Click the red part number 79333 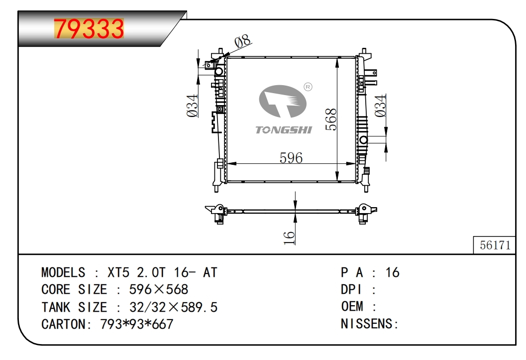[89, 28]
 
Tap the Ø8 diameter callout [242, 41]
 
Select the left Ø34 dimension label [192, 106]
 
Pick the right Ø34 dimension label [380, 106]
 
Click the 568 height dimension [331, 119]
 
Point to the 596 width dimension [291, 158]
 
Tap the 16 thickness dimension [289, 238]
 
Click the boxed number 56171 [495, 245]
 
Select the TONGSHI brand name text [284, 130]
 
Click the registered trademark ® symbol [308, 87]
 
